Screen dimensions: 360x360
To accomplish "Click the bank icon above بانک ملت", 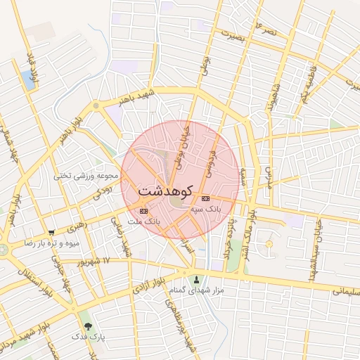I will point(144,210).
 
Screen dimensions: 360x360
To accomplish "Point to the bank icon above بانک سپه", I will point(205,198).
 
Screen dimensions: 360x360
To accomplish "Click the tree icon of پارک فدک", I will point(88,326).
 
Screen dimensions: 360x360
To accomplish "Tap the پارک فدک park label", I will point(88,337).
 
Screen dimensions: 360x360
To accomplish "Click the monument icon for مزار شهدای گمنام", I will point(196,279).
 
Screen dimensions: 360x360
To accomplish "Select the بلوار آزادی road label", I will point(148,288).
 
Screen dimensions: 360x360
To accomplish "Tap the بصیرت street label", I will point(233,37).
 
